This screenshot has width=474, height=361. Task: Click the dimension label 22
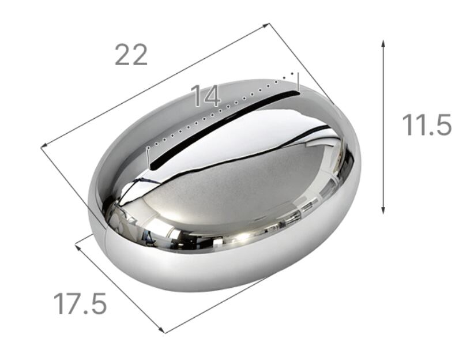click(131, 55)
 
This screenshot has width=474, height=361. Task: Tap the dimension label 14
click(206, 96)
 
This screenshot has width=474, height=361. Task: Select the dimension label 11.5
click(427, 125)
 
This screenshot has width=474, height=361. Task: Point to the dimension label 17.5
click(80, 303)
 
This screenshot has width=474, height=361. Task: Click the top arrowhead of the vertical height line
click(383, 43)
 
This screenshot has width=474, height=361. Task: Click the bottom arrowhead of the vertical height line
click(383, 210)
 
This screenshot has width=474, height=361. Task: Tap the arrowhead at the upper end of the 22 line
click(266, 25)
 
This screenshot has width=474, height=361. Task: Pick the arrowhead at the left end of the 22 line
click(44, 145)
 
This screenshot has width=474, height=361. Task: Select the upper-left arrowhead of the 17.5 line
click(78, 247)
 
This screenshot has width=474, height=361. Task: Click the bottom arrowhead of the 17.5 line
click(161, 329)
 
